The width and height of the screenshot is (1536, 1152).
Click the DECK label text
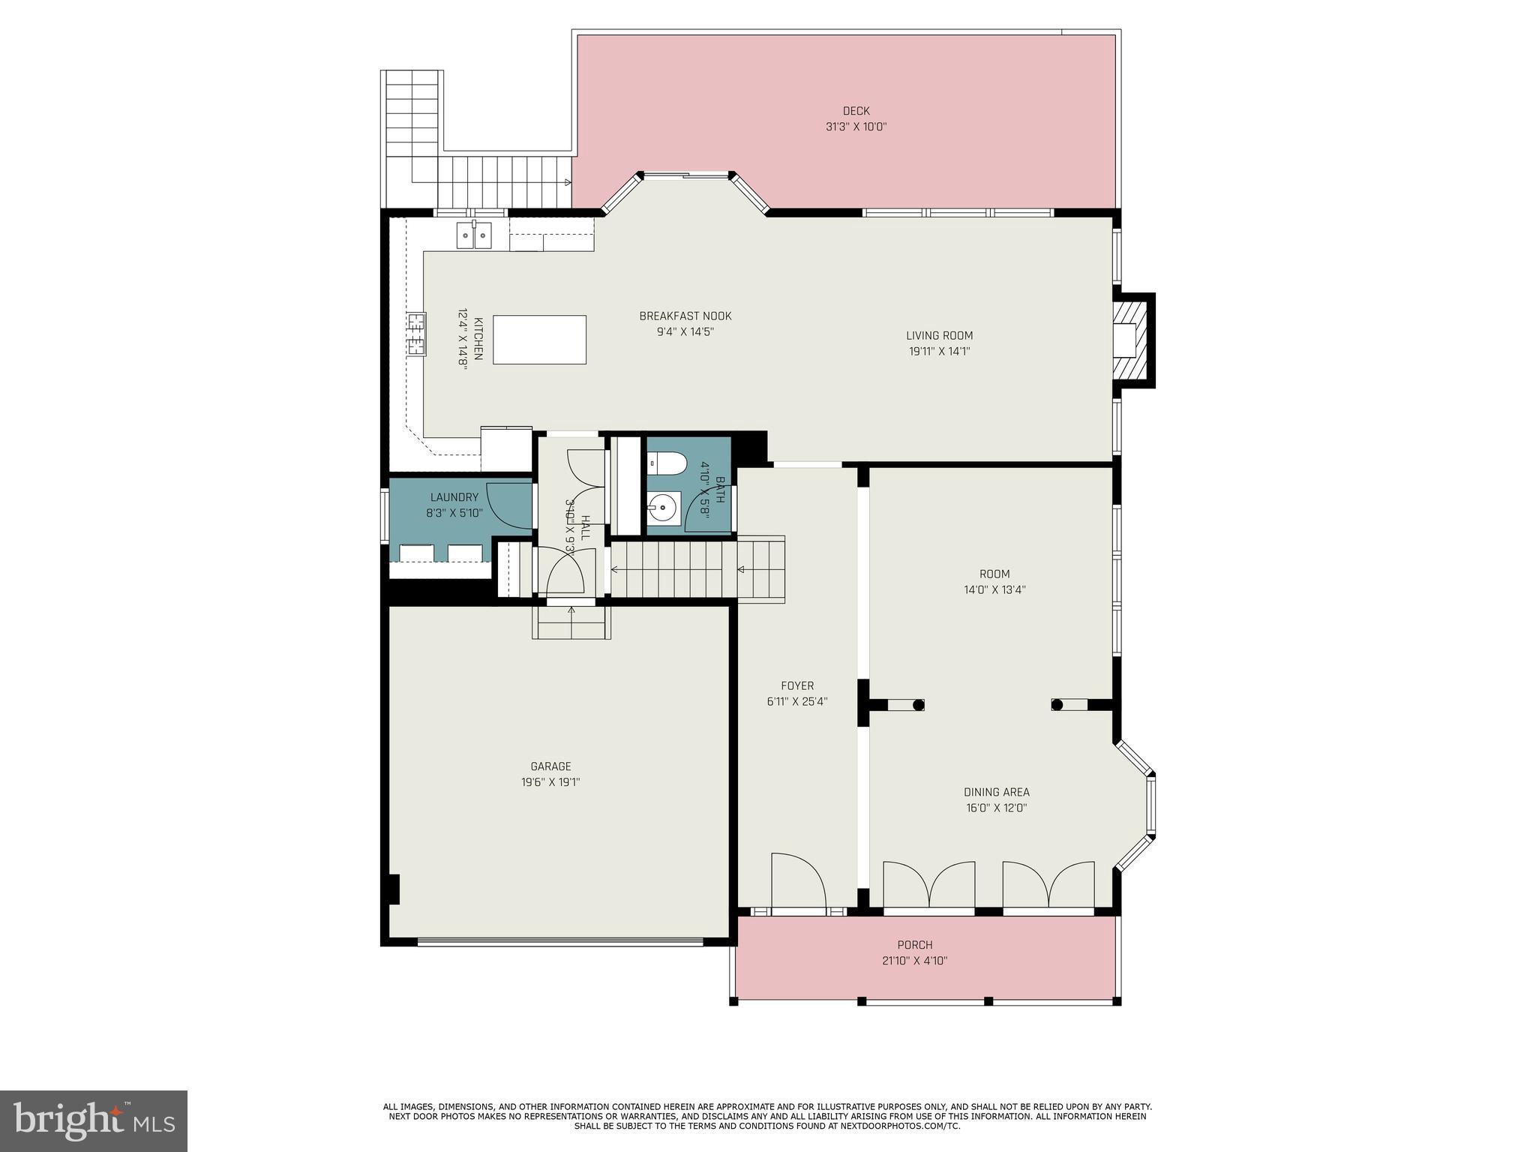click(856, 111)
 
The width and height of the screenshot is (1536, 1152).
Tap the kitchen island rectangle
click(539, 340)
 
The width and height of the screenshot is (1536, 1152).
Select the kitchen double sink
click(474, 235)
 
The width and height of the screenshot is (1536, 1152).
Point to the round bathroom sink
click(663, 510)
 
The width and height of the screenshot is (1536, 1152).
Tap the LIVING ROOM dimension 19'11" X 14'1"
click(939, 351)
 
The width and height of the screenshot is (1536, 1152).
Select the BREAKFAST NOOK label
click(685, 316)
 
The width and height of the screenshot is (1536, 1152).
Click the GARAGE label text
click(550, 766)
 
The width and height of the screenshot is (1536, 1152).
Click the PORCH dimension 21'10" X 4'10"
click(915, 961)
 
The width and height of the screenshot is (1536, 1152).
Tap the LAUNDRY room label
click(454, 497)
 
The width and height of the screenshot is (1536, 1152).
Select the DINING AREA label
click(996, 792)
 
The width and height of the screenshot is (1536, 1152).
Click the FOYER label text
click(796, 685)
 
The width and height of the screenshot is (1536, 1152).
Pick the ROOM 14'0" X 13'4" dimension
click(994, 590)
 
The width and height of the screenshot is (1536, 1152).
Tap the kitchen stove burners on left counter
click(415, 334)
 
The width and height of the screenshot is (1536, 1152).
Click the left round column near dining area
click(918, 704)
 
